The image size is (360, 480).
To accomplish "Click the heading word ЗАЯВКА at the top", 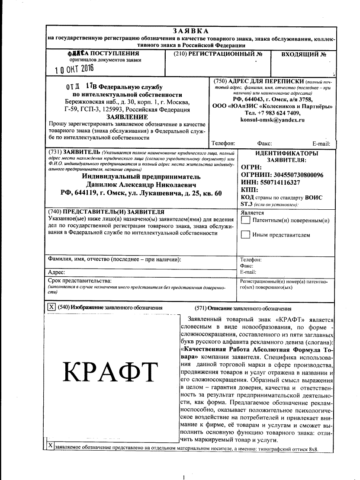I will click(190, 31).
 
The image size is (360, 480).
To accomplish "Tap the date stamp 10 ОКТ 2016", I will click(74, 68).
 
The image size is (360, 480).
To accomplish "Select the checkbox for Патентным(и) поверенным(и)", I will click(245, 220).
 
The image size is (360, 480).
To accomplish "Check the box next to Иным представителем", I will click(245, 235).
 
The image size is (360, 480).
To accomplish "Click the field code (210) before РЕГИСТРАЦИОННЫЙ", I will click(180, 54).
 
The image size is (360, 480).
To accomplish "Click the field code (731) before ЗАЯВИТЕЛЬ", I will click(55, 153).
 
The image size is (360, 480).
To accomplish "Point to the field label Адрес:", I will click(56, 272).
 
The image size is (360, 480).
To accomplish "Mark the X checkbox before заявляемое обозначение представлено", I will click(50, 445).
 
